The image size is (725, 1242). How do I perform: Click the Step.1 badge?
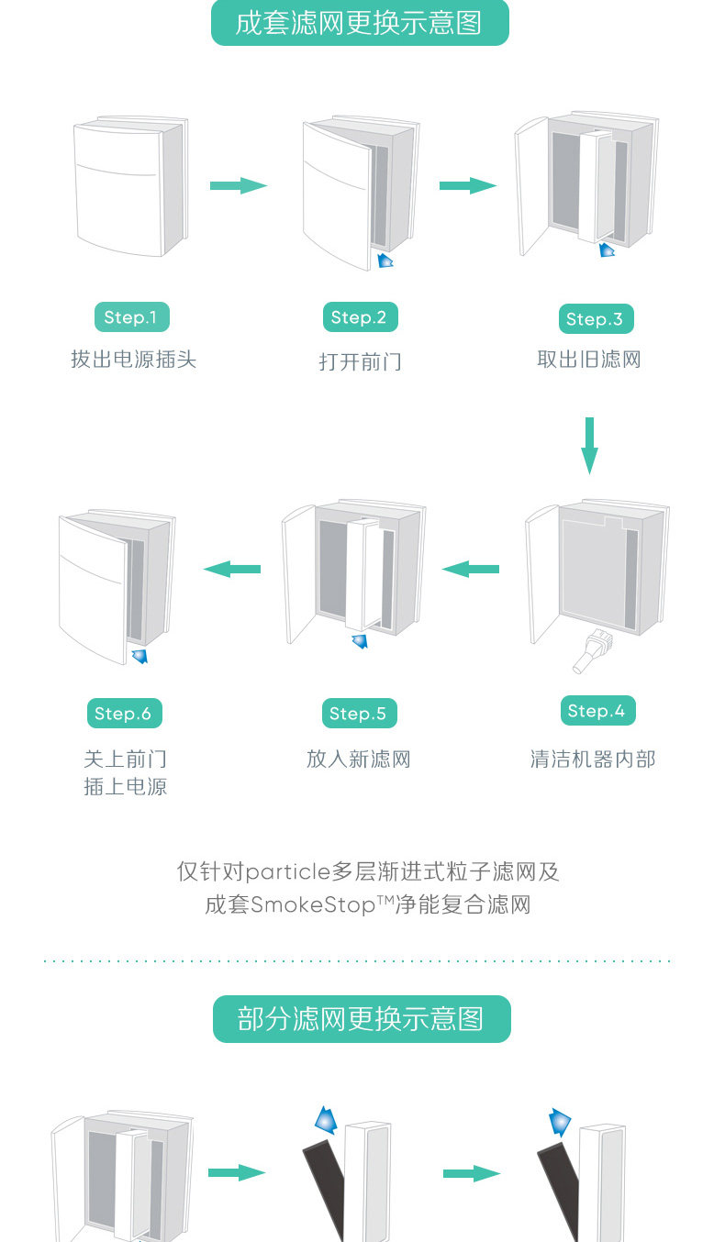click(x=131, y=317)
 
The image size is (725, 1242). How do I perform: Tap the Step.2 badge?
click(x=359, y=317)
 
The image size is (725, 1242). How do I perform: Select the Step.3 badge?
click(x=595, y=319)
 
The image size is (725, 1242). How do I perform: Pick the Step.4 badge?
click(x=597, y=711)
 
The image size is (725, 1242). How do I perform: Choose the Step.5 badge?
click(x=358, y=714)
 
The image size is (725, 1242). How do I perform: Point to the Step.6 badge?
click(x=123, y=714)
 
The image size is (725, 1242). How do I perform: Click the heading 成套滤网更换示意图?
click(x=359, y=23)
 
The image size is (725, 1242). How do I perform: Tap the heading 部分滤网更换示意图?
click(x=361, y=1019)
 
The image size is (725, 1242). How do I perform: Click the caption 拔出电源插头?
click(x=133, y=360)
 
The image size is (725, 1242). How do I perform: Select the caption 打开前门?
click(x=360, y=361)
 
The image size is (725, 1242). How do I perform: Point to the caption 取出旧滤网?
click(x=589, y=360)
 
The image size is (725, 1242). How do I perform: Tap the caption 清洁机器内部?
click(x=593, y=760)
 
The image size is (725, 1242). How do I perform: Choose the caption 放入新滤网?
click(x=358, y=760)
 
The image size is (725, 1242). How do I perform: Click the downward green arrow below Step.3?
click(x=589, y=446)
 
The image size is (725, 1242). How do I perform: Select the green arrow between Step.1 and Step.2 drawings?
click(x=238, y=186)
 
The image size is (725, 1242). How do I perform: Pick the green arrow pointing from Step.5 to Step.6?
click(x=232, y=570)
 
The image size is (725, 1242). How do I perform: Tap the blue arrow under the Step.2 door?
click(x=385, y=261)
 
